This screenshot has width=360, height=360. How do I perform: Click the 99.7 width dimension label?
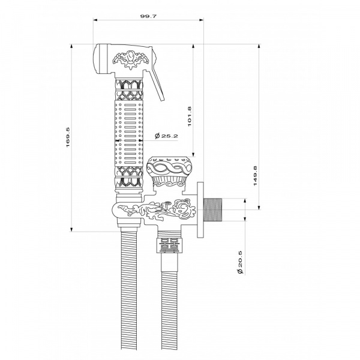pos(148,16)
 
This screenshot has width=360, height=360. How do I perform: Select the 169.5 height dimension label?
pos(68,137)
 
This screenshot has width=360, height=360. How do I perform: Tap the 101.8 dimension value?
pos(190,116)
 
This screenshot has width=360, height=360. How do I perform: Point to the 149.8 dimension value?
pos(256,176)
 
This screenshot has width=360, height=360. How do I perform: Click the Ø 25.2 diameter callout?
pos(166,136)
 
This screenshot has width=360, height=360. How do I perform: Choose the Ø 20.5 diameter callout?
pos(240,262)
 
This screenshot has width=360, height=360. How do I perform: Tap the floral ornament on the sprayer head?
pos(131,59)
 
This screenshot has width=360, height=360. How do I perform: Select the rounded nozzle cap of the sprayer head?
pos(101,59)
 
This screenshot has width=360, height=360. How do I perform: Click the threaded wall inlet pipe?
pos(213,209)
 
